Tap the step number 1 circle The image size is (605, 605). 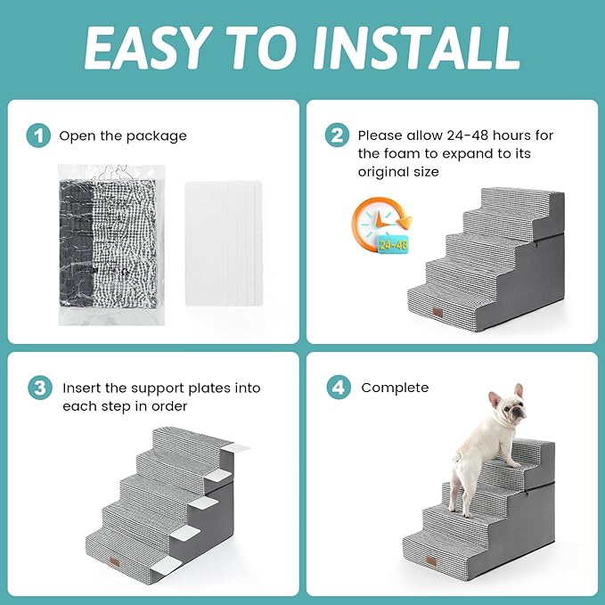point(37,135)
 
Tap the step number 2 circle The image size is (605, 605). point(337,135)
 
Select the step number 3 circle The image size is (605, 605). point(37,388)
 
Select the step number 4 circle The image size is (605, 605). point(337,388)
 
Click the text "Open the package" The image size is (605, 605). point(123,136)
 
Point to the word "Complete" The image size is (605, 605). point(395,388)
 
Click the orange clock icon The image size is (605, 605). point(377,223)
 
